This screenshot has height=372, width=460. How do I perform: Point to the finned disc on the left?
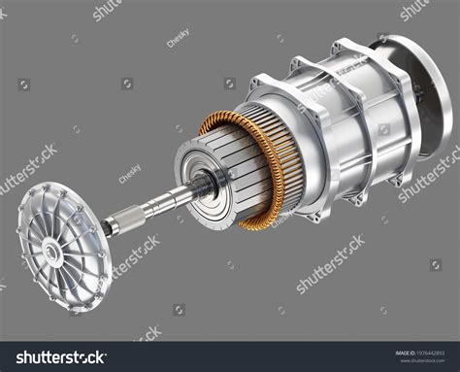58,247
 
